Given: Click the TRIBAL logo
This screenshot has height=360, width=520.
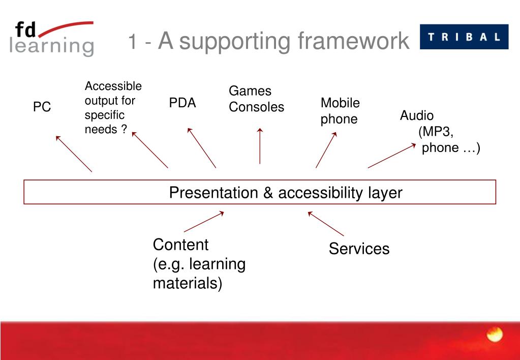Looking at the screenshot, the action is point(464,37).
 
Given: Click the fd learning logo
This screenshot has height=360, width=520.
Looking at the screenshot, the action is point(52,39).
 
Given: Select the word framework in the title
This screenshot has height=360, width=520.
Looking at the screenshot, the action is point(353,41).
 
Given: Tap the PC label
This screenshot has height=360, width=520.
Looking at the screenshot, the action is point(42,107).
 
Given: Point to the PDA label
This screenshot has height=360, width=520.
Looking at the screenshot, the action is point(182,103).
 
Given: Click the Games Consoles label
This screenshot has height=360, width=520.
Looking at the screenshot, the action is point(256,99).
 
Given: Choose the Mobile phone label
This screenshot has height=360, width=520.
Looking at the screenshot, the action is point(340,111).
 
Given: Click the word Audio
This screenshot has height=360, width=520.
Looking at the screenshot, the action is point(416,115).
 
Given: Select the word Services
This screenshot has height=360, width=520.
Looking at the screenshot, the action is point(359,249).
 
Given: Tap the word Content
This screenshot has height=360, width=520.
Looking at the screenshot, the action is point(181,245).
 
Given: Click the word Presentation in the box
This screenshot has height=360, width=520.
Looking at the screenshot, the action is point(213,193).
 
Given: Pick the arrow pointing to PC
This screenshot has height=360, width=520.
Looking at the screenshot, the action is point(74,154).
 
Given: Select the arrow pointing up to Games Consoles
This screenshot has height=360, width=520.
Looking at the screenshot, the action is point(260,146).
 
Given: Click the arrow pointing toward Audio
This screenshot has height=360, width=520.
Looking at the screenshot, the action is point(392,156).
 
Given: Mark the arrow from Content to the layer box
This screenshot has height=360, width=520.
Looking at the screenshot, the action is point(204,222).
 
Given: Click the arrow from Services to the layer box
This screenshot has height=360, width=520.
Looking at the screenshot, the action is point(326,224).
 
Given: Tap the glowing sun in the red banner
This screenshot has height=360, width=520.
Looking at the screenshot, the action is point(495,334).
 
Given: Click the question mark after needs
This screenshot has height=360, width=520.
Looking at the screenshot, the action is point(124,129).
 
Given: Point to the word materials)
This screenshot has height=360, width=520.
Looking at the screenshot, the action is point(188,284).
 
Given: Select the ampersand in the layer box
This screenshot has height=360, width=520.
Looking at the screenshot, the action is point(268,193).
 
